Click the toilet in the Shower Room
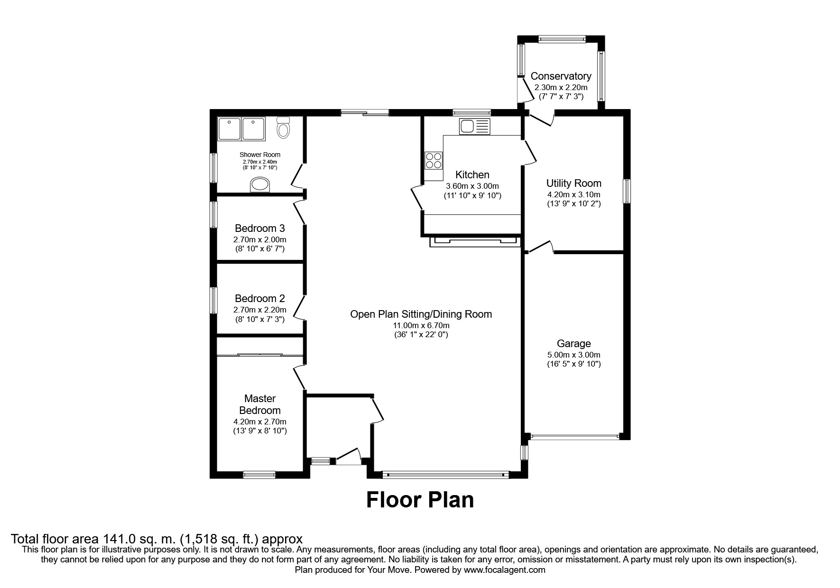[283, 128]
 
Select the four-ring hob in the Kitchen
[434, 160]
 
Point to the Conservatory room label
[561, 76]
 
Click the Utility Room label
[573, 183]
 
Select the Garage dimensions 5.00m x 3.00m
[573, 355]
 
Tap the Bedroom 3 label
[259, 229]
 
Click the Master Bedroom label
[259, 404]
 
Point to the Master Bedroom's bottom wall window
[259, 474]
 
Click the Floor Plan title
[420, 500]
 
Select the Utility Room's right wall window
[627, 191]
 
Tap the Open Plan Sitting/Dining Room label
[421, 314]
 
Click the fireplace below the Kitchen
[474, 242]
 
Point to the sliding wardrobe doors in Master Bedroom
[260, 354]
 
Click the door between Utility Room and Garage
[541, 247]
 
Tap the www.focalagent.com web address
[504, 570]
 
